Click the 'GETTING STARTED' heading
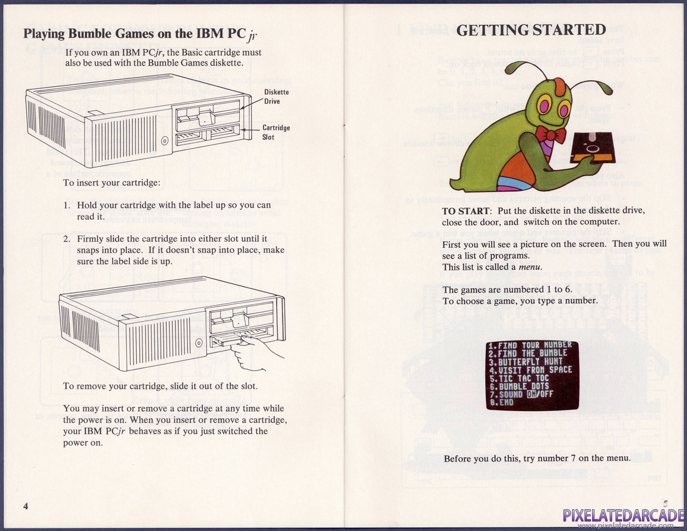(531, 30)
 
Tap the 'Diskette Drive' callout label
(276, 96)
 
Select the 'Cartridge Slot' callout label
(276, 132)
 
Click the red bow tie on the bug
(550, 134)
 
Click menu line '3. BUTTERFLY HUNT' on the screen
(525, 362)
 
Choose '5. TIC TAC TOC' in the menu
(519, 378)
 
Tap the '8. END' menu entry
(502, 402)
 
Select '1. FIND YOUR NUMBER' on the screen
(530, 345)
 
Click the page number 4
(26, 507)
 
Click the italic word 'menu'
(530, 267)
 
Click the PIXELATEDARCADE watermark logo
(624, 517)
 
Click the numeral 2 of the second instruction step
(66, 239)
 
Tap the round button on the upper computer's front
(165, 141)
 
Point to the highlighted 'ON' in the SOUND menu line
(532, 394)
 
